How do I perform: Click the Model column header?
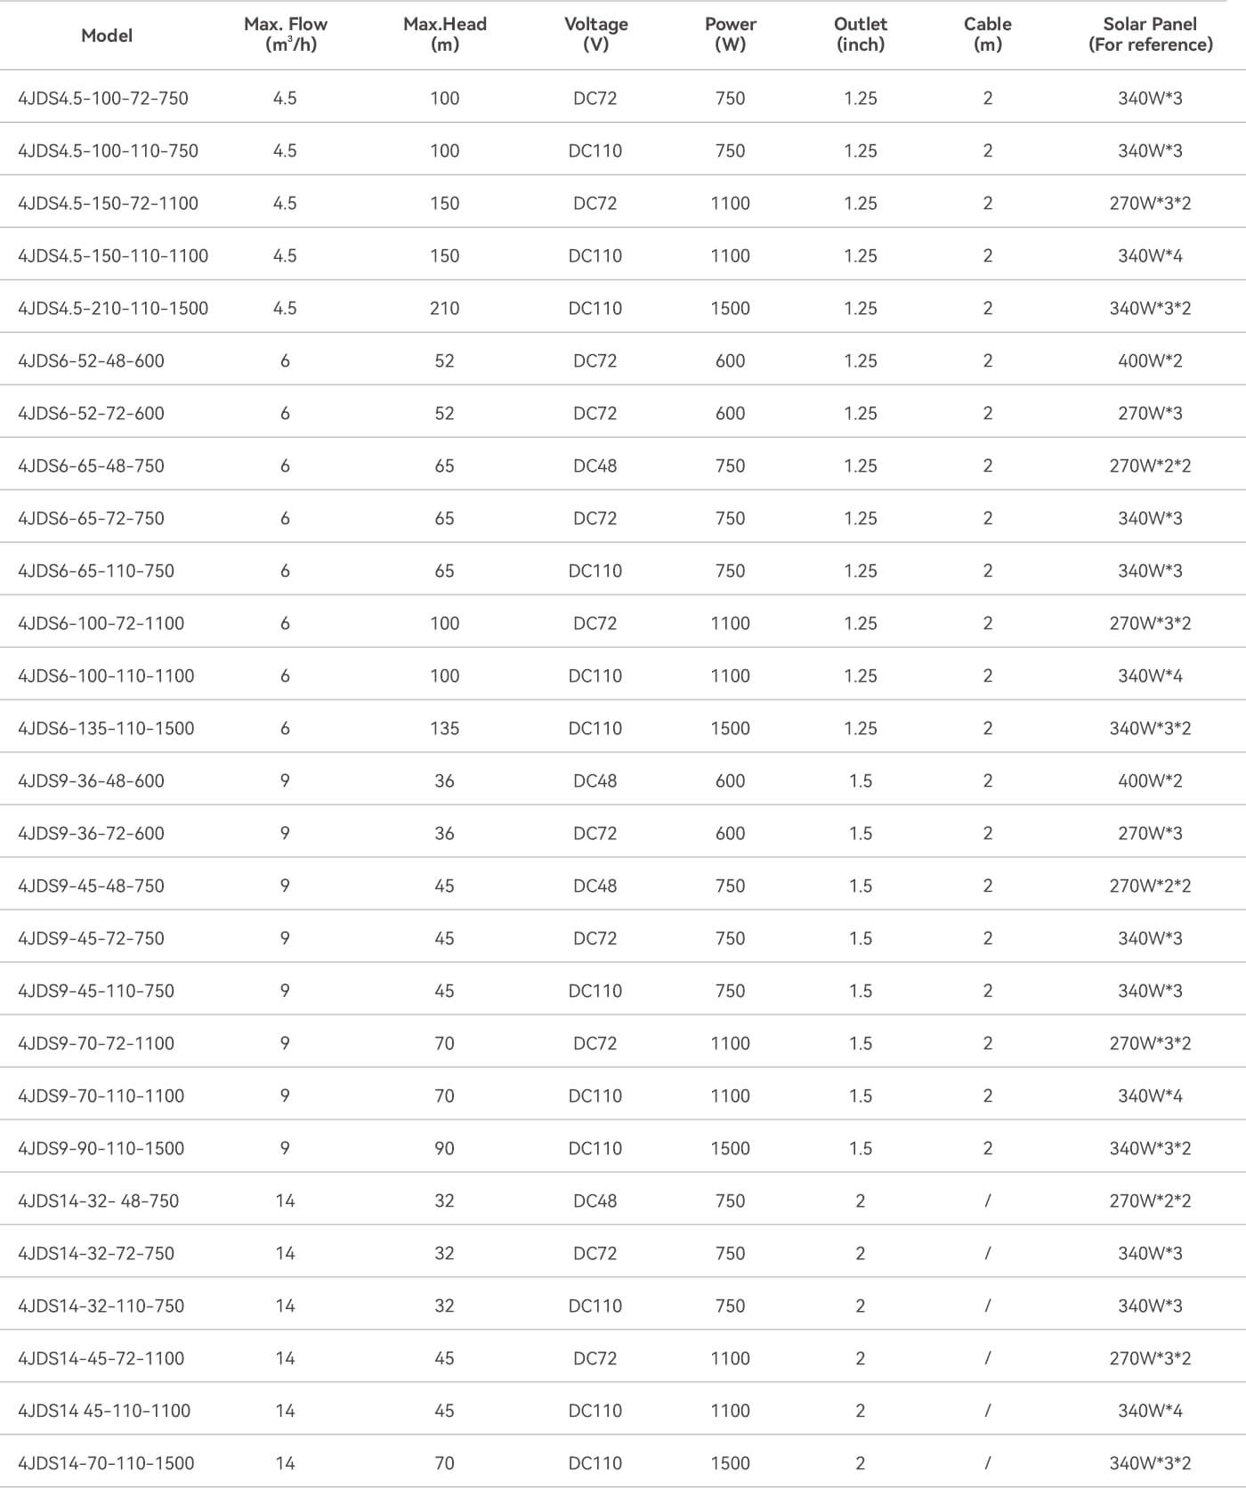(x=107, y=36)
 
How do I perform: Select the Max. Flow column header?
(x=286, y=35)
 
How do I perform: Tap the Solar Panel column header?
(x=1150, y=35)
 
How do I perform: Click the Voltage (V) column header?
(x=595, y=35)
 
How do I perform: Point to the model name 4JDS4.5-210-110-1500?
(x=113, y=308)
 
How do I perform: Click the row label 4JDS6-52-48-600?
(x=91, y=360)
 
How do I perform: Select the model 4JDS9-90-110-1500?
(x=101, y=1148)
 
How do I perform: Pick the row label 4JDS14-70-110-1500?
(x=106, y=1463)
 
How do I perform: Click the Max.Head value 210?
(x=444, y=308)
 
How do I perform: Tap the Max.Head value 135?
(x=444, y=728)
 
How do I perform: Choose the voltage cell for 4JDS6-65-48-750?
(x=595, y=465)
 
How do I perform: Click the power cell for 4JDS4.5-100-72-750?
(x=730, y=98)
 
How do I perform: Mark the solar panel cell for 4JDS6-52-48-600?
(x=1150, y=360)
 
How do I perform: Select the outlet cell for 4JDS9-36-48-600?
(x=860, y=780)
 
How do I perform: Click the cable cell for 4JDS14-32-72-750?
(x=987, y=1253)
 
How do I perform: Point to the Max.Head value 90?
(x=444, y=1148)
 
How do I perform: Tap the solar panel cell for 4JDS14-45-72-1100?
(x=1150, y=1358)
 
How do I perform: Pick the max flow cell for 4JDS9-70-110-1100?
(x=285, y=1096)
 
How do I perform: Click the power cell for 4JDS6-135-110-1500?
(x=730, y=728)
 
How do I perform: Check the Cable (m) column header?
(x=987, y=35)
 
